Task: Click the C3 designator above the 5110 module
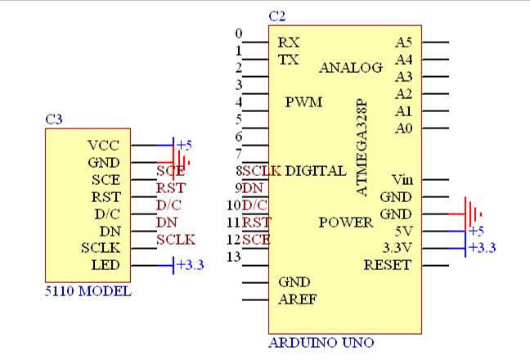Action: pos(54,119)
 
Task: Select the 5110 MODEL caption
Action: pos(88,291)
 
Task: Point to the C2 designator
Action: pos(277,16)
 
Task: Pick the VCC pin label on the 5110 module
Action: pos(104,145)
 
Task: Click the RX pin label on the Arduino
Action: pos(288,42)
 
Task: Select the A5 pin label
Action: pos(403,42)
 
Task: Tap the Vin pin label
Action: pos(402,179)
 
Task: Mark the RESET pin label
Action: pos(388,265)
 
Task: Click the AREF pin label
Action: pos(297,299)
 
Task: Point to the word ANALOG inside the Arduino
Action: pos(351,68)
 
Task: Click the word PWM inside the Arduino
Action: pos(303,102)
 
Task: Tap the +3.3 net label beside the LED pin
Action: pos(189,265)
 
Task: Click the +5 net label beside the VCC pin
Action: pos(184,145)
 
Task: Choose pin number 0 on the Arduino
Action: pos(239,34)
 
